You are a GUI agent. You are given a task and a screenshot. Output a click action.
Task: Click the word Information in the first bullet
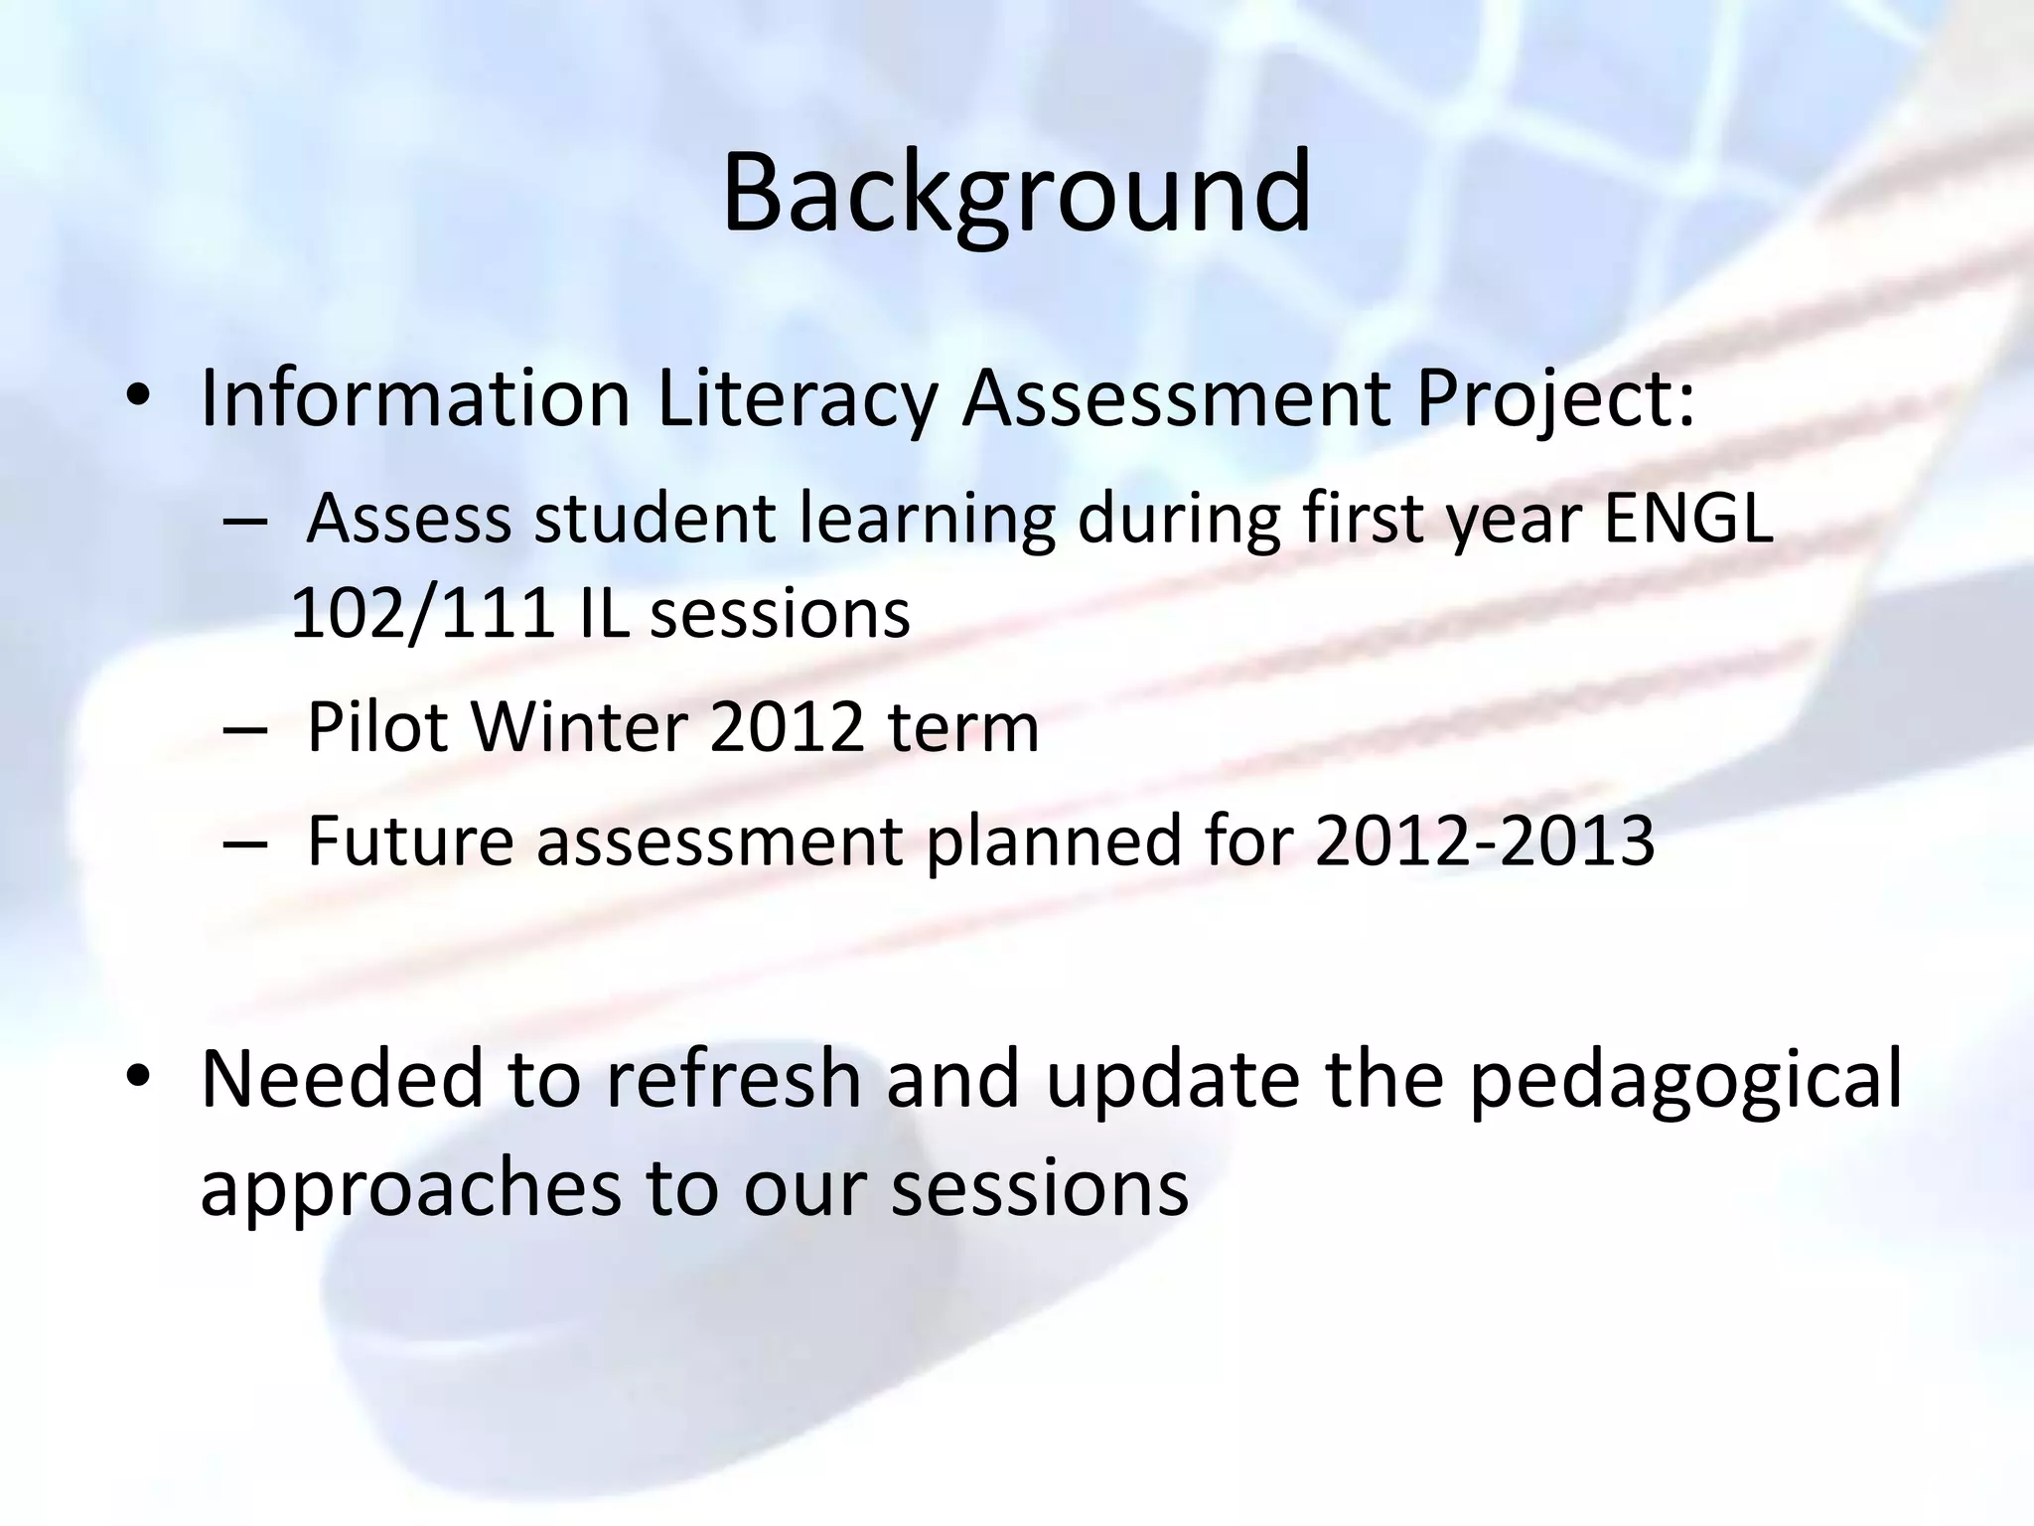click(x=415, y=398)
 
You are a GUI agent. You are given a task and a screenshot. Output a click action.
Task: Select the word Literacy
click(x=797, y=398)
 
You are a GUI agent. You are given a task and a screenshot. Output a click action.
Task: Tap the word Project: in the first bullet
click(x=1554, y=398)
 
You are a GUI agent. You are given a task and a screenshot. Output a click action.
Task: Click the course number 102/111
click(x=422, y=613)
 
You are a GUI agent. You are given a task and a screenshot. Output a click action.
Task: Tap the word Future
click(x=410, y=840)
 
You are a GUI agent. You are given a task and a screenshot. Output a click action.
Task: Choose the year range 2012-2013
click(x=1484, y=840)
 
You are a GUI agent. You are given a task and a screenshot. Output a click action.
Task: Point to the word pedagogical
click(x=1684, y=1079)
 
